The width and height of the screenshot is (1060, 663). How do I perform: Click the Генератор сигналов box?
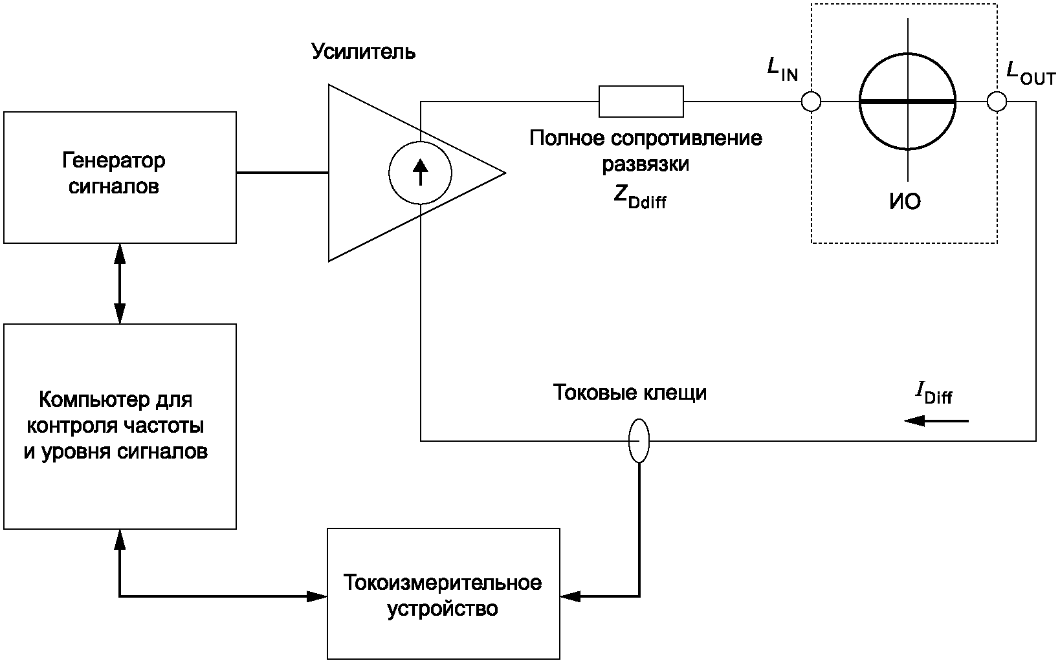(120, 177)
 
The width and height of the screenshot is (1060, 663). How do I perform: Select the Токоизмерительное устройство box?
(443, 593)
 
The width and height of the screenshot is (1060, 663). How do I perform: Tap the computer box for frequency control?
(120, 426)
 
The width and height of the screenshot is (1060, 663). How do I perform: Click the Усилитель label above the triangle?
(364, 52)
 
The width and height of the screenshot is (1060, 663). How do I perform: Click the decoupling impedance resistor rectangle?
(641, 102)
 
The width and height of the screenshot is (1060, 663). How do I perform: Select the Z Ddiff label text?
(639, 197)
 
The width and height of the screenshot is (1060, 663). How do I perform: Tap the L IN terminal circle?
(811, 102)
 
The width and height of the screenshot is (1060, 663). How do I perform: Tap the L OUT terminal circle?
(997, 102)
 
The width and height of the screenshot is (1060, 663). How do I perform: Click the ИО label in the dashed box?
(905, 202)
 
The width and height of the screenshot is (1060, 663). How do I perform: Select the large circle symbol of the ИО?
(907, 102)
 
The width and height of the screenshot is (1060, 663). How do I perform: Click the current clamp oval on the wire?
(639, 440)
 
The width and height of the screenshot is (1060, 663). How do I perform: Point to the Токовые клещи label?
(630, 393)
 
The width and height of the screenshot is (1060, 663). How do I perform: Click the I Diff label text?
(933, 393)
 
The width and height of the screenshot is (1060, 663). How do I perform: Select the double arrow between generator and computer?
(120, 283)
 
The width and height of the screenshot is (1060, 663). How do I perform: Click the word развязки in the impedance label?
(645, 164)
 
